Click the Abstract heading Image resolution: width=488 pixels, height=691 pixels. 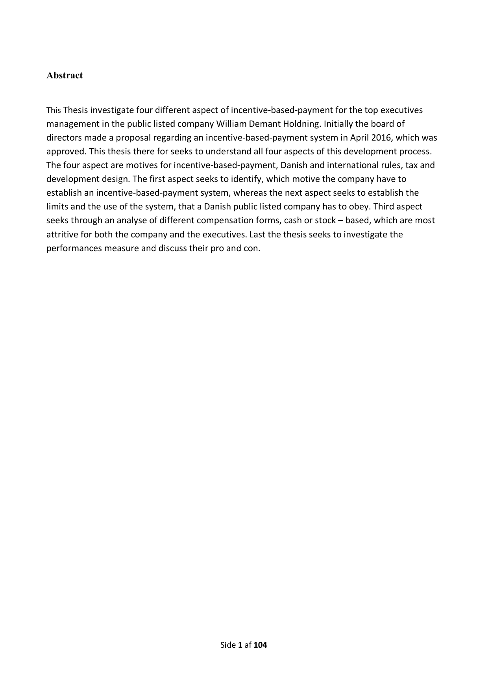65,75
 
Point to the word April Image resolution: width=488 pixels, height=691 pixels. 360,137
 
